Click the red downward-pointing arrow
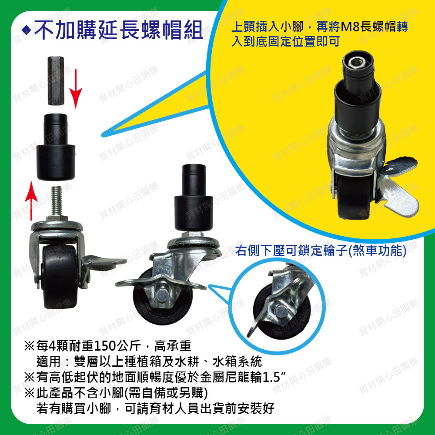click(75, 89)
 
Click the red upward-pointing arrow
click(31, 201)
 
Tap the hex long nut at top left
click(56, 81)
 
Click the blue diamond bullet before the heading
click(26, 30)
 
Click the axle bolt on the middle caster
click(161, 295)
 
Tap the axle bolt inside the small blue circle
click(281, 311)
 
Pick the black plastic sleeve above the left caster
click(56, 147)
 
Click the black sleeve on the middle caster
click(194, 198)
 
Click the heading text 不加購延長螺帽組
click(118, 30)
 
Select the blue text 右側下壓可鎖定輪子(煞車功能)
click(321, 251)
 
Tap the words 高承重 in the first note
click(173, 346)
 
